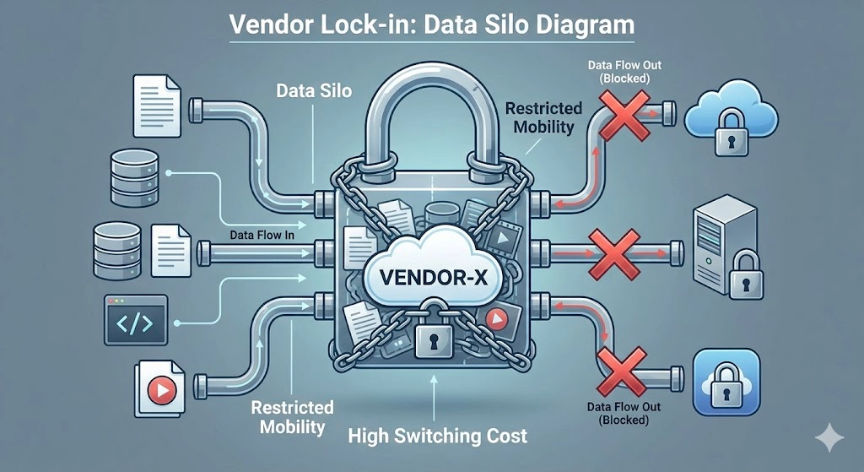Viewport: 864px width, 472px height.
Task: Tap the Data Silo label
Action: click(x=303, y=90)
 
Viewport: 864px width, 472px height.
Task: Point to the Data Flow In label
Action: click(x=261, y=236)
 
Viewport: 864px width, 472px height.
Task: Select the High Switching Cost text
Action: click(x=439, y=436)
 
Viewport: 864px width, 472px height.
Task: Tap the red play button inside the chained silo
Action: click(x=497, y=319)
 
